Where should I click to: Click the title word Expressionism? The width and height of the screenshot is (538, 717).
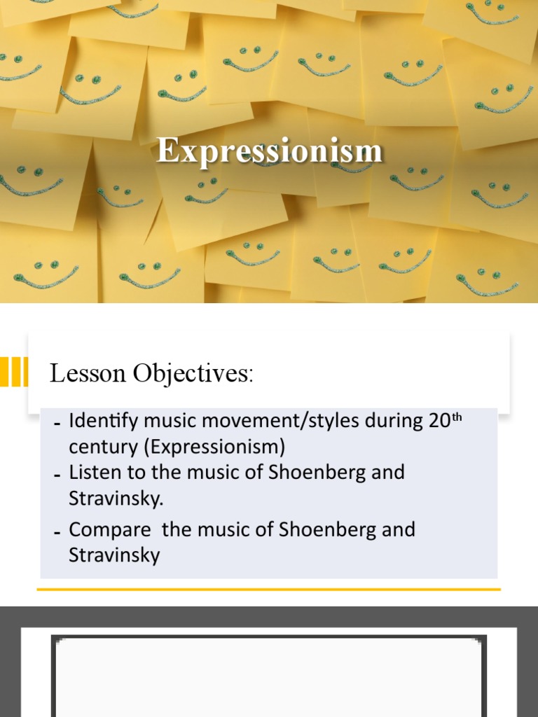click(270, 150)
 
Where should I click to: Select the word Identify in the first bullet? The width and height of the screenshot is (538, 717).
click(99, 422)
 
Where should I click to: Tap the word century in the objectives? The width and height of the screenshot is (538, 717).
click(97, 447)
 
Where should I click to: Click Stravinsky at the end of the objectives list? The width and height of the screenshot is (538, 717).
click(114, 555)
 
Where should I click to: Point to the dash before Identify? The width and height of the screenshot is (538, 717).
click(57, 424)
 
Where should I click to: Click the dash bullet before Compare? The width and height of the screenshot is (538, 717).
click(57, 532)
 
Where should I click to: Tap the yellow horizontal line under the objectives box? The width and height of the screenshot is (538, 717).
click(269, 590)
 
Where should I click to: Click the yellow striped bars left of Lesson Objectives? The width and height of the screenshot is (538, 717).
click(14, 371)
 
